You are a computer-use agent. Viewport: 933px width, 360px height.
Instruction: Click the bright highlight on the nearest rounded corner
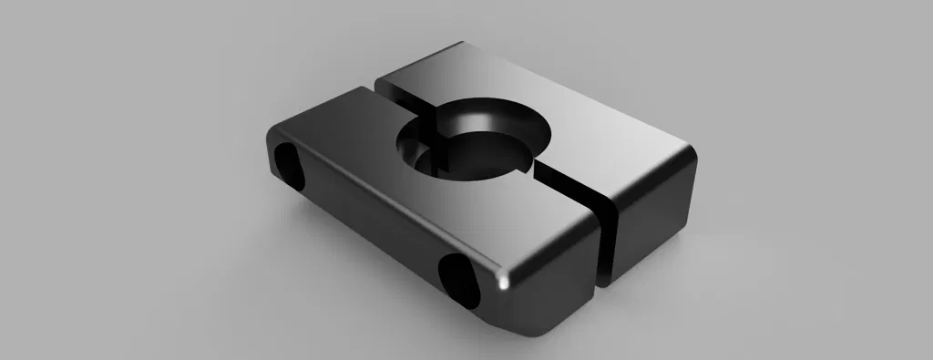503,283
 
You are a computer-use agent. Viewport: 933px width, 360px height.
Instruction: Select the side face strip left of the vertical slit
556,283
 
